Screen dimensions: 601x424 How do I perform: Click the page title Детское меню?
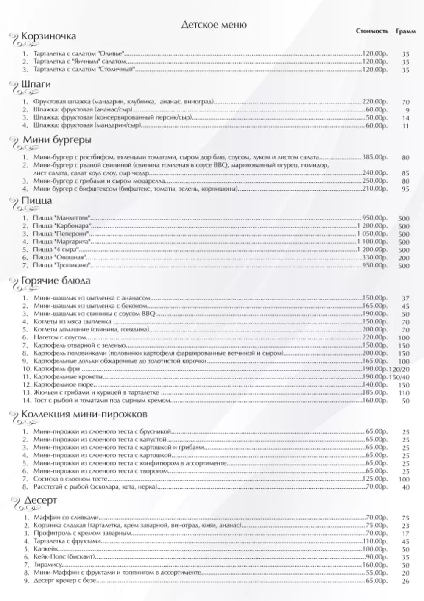[214, 25]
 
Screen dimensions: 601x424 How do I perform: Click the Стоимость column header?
[372, 31]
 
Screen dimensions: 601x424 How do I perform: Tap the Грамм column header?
[406, 31]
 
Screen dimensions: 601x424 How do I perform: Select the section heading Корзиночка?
[48, 36]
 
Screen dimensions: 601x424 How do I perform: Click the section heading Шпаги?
[36, 84]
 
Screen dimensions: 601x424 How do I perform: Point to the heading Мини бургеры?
[57, 140]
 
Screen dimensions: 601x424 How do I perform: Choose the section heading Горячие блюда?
[56, 281]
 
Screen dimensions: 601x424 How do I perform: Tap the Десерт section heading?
[40, 501]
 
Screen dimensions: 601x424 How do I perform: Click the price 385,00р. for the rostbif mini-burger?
[375, 157]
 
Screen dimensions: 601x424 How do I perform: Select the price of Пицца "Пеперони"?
[372, 234]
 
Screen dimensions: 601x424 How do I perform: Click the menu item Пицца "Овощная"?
[60, 258]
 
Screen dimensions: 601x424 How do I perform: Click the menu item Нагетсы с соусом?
[60, 338]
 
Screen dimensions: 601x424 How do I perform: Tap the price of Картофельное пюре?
[375, 385]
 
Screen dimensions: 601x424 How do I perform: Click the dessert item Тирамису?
[48, 565]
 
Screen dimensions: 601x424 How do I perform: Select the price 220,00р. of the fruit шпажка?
[375, 102]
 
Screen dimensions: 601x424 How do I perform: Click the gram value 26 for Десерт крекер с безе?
[406, 581]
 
